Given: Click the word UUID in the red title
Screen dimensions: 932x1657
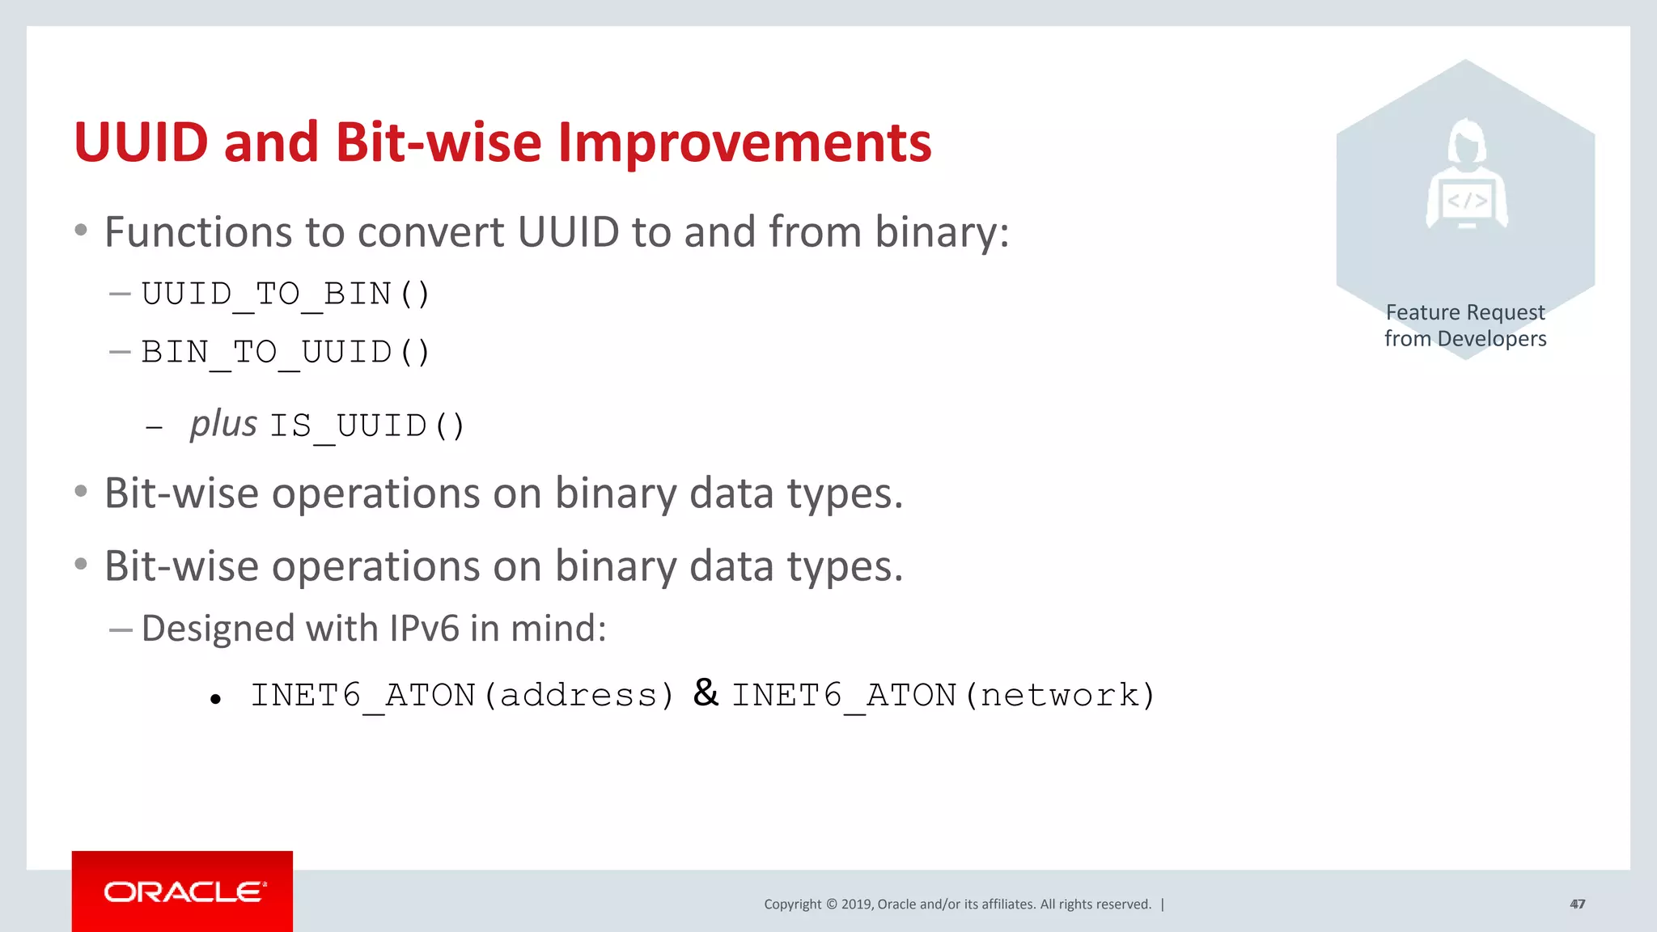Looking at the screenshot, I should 141,142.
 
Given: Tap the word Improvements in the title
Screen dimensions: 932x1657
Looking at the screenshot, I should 744,142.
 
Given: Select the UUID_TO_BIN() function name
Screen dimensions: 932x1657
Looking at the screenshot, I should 286,294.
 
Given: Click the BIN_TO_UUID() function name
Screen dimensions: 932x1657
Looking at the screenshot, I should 286,352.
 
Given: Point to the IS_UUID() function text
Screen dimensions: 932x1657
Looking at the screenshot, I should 367,426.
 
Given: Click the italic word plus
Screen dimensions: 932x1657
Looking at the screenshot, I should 223,424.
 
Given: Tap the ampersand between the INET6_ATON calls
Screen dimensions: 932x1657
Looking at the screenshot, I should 706,693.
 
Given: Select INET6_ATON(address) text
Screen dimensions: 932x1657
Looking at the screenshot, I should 462,695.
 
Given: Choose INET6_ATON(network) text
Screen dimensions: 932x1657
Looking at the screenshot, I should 943,695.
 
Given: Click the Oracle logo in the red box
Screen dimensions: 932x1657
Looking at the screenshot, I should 184,892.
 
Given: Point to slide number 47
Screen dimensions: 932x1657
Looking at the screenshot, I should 1577,904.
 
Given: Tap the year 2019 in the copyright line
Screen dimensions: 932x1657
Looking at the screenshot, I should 856,904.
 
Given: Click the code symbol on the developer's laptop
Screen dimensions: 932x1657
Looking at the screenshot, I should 1467,201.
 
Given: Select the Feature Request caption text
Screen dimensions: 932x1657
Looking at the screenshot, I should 1465,312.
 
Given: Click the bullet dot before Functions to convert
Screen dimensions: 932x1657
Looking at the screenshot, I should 81,231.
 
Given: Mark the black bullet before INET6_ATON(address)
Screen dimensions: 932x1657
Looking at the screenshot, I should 215,699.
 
